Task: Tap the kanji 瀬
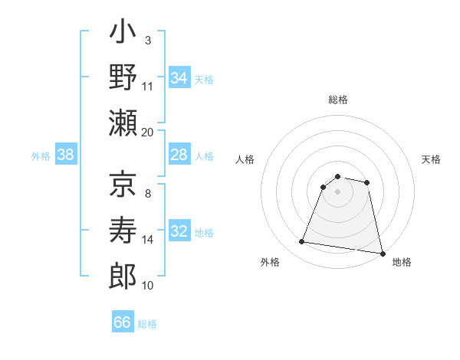[x=123, y=123]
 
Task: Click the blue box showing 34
[x=179, y=78]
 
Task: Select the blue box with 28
[x=179, y=155]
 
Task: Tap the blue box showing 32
[x=179, y=232]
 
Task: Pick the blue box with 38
[x=66, y=155]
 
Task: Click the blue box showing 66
[x=123, y=322]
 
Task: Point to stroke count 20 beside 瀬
[x=148, y=132]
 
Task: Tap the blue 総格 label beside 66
[x=148, y=324]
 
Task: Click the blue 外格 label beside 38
[x=41, y=156]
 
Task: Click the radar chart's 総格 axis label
[x=338, y=100]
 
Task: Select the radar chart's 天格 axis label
[x=432, y=159]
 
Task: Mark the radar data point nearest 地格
[x=382, y=252]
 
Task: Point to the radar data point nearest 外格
[x=302, y=242]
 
